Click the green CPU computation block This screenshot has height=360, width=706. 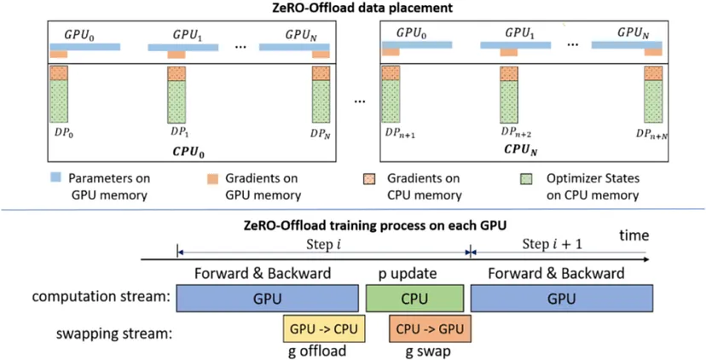(x=414, y=299)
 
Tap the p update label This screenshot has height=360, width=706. (x=414, y=274)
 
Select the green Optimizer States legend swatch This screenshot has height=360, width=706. (x=528, y=181)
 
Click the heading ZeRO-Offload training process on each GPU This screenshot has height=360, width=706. (x=353, y=227)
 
